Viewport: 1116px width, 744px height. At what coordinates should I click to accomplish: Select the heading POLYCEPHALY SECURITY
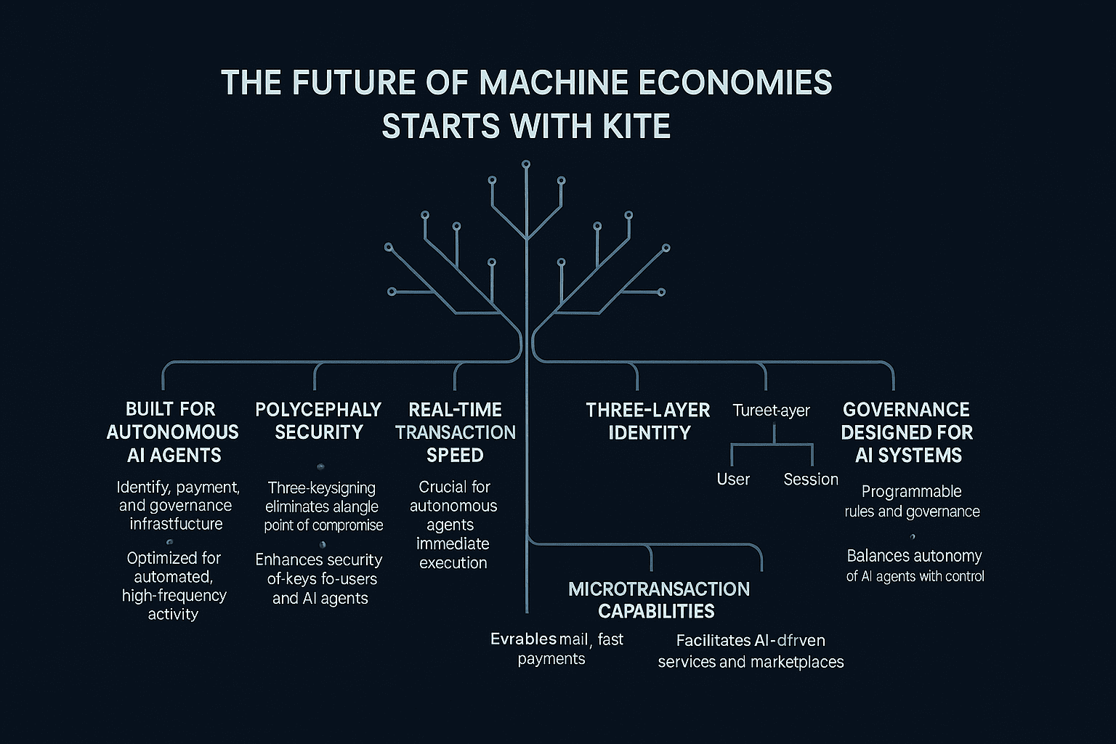(318, 421)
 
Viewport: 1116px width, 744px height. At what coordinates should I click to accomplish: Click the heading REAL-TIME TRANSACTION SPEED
(456, 432)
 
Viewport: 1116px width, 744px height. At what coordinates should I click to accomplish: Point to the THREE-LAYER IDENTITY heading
(648, 421)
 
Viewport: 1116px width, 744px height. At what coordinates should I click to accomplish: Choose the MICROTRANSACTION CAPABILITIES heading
(658, 600)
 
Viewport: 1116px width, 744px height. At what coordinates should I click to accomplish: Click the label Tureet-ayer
(771, 411)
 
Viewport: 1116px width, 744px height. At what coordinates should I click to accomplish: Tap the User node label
(733, 480)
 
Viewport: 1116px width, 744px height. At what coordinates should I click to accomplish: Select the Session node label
(811, 480)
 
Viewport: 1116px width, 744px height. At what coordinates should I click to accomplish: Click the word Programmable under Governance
(911, 492)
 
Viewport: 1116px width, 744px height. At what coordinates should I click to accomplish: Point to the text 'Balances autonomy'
(914, 556)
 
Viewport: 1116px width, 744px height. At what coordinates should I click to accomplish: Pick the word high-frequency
(174, 596)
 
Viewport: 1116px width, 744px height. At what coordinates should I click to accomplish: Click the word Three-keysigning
(321, 488)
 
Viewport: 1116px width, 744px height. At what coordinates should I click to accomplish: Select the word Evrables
(523, 639)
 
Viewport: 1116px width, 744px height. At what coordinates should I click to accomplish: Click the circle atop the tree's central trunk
(526, 164)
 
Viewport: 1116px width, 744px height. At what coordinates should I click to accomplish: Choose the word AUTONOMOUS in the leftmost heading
(172, 432)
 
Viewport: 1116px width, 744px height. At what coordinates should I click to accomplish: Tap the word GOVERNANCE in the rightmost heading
(906, 410)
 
